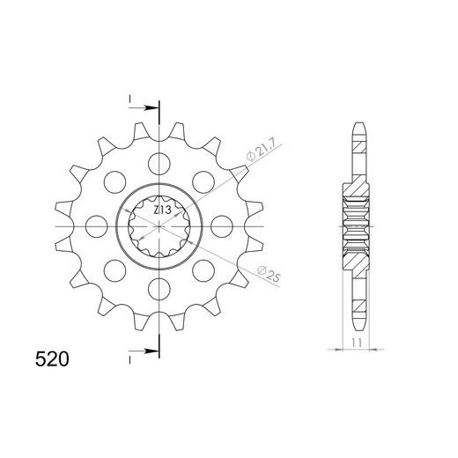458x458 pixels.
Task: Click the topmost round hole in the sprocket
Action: point(159,163)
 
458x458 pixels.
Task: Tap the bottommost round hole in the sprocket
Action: point(159,287)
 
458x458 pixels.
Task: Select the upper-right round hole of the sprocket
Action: point(205,183)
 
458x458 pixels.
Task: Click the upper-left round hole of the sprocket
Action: point(113,183)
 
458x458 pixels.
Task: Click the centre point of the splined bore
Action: point(159,226)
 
